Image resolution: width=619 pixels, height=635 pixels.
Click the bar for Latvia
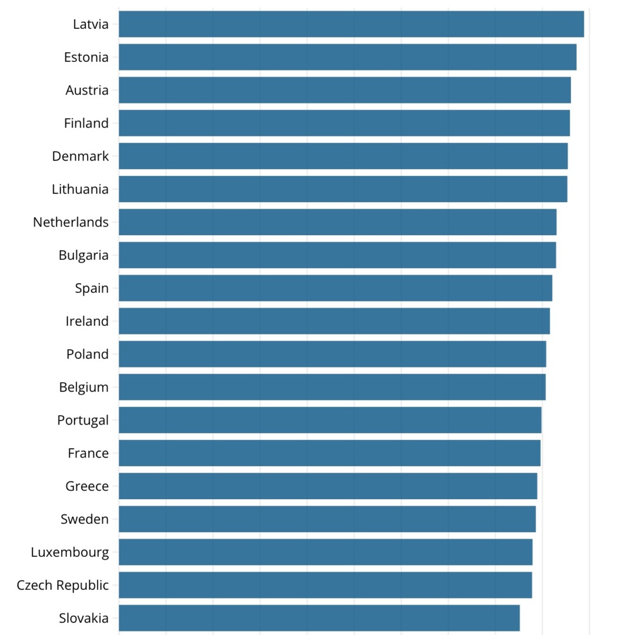coord(351,24)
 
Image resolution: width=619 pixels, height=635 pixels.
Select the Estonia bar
coord(347,57)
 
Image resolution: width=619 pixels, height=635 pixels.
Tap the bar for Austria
coord(344,90)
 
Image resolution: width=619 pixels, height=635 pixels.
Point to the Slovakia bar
coord(319,618)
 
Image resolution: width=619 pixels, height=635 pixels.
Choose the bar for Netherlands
coord(337,222)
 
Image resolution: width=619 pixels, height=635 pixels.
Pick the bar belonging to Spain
coord(335,288)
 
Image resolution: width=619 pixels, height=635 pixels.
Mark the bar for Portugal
coord(330,420)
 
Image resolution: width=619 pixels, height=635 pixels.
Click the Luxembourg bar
coord(325,552)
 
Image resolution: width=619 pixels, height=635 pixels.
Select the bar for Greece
coord(327,486)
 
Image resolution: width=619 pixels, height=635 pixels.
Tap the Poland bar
coord(332,354)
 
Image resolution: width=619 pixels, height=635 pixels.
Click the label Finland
coord(86,123)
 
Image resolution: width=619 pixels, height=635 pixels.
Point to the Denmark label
coord(81,156)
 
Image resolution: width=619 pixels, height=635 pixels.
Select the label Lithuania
coord(81,189)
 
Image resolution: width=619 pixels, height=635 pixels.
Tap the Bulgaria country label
coord(83,255)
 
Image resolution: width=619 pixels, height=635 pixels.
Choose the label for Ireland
coord(87,321)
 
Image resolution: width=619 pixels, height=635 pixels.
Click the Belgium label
coord(84,387)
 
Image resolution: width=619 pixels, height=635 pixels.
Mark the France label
coord(88,453)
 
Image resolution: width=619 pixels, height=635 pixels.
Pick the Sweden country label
coord(85,519)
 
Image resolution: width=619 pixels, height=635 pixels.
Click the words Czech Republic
coord(63,585)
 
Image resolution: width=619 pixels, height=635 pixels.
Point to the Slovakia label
coord(84,618)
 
